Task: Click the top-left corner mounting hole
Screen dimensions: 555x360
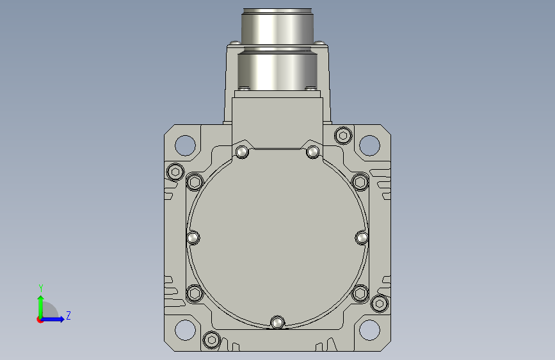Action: tap(185, 145)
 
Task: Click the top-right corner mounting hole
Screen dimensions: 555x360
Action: tap(369, 145)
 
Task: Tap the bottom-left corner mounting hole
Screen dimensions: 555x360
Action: tap(185, 330)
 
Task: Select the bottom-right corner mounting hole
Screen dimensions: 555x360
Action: tap(369, 330)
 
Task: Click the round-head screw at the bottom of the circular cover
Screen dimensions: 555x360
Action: tap(278, 323)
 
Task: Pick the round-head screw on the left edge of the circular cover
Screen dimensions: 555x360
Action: tap(193, 238)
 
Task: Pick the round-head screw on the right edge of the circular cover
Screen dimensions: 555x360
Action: tap(362, 238)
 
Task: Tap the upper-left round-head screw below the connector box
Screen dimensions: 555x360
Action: tap(242, 152)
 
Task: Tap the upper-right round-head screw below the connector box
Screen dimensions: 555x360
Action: tap(312, 152)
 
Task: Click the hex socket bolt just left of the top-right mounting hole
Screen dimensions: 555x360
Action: tap(343, 135)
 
